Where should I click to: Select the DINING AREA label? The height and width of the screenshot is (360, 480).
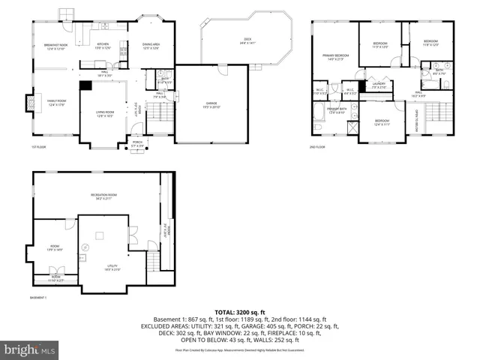point(151,46)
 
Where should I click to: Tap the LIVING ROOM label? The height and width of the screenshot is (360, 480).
point(104,113)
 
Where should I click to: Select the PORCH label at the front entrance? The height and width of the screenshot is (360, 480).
point(137,142)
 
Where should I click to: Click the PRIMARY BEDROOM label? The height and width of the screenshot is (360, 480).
point(336,57)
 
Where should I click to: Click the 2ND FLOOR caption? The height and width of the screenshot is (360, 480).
point(318,146)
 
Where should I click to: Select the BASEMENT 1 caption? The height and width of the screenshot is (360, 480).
point(38,298)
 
